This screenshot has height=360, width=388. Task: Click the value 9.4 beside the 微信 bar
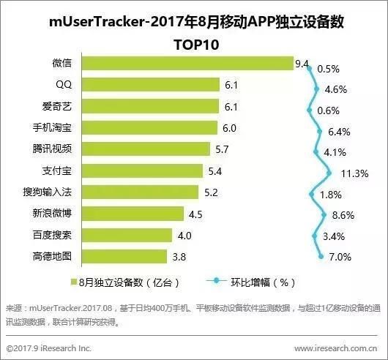click(302, 64)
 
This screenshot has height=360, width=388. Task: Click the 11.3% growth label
click(355, 174)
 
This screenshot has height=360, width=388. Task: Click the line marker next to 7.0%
click(320, 256)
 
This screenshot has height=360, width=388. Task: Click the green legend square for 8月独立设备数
click(73, 281)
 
